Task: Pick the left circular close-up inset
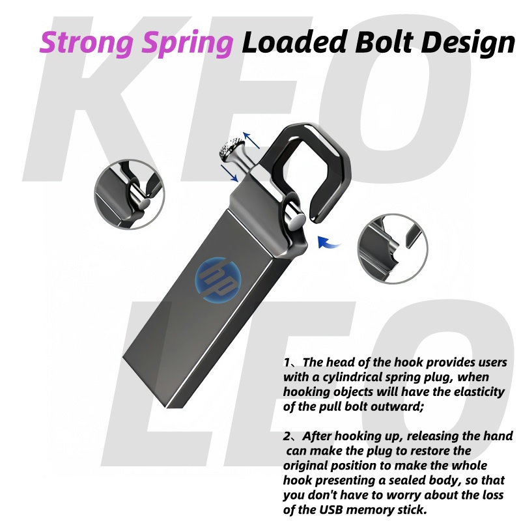click(x=128, y=193)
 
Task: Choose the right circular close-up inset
click(x=393, y=248)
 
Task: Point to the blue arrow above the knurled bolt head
click(x=251, y=141)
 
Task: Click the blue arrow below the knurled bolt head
click(x=228, y=173)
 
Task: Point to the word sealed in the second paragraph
click(x=410, y=481)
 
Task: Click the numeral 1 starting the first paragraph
click(x=287, y=362)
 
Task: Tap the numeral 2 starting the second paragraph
click(x=287, y=436)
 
